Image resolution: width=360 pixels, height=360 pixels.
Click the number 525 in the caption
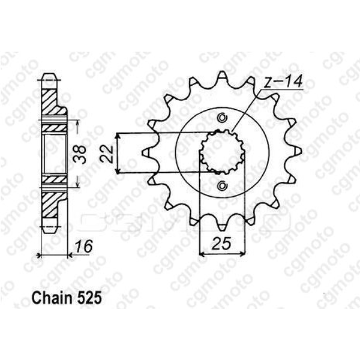click(83, 296)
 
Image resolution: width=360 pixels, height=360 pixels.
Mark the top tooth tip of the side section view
click(50, 78)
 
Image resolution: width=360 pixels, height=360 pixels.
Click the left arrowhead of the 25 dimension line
click(202, 254)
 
